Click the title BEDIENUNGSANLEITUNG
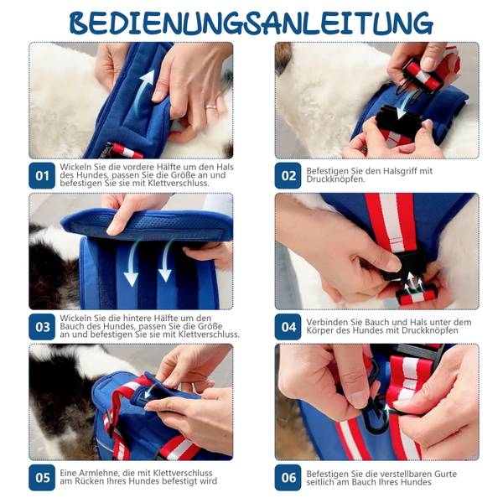(251, 23)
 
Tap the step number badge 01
(42, 175)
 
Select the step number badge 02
(288, 175)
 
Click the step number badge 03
(42, 327)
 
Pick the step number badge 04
(288, 327)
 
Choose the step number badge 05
(42, 478)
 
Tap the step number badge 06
(288, 478)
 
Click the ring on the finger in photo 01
(211, 106)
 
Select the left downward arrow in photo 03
(132, 263)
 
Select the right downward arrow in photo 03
(166, 261)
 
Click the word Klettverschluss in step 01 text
(179, 184)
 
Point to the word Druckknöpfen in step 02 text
(335, 179)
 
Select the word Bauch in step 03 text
(71, 327)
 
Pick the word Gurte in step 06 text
(446, 474)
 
